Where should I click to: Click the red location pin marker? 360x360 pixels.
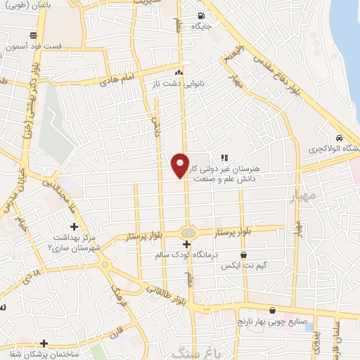[181, 165]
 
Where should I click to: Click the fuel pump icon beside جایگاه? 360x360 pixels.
[202, 17]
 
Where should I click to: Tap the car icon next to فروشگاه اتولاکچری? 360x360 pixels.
[340, 138]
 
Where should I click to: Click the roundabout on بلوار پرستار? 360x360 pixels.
[188, 232]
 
